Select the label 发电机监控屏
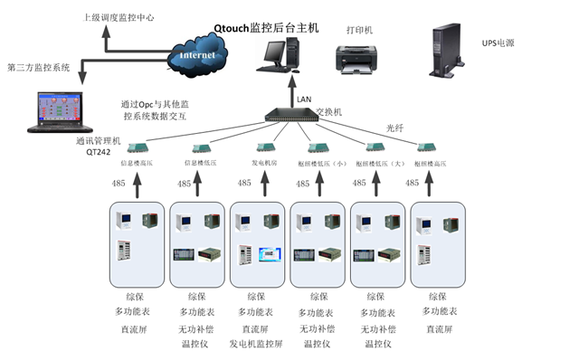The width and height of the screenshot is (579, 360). pos(257,344)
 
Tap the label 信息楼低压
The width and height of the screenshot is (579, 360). pos(202,164)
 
